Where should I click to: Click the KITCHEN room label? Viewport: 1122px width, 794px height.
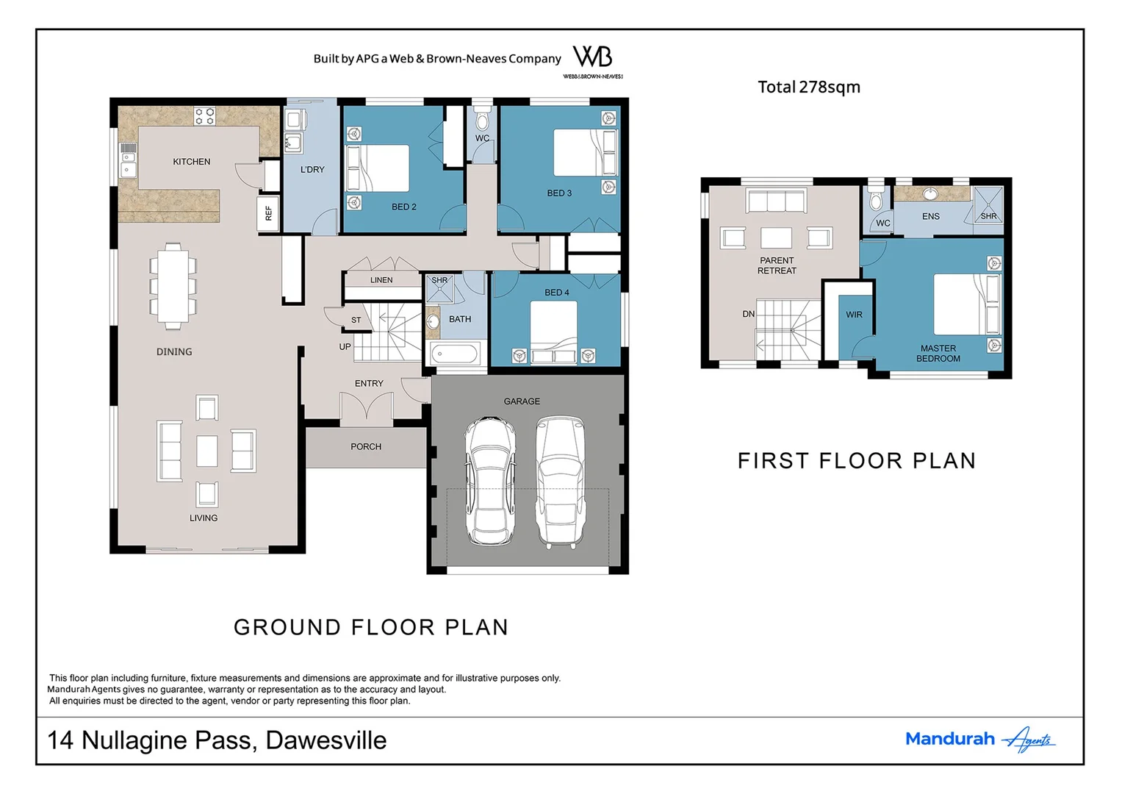pyautogui.click(x=191, y=162)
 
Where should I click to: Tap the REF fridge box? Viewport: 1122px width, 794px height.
pyautogui.click(x=268, y=213)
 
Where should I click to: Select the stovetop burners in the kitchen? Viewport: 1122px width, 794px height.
pyautogui.click(x=205, y=116)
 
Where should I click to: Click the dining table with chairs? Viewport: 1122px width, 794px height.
pyautogui.click(x=173, y=286)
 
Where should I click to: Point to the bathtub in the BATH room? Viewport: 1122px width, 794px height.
pyautogui.click(x=454, y=354)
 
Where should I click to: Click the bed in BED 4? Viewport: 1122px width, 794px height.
pyautogui.click(x=553, y=331)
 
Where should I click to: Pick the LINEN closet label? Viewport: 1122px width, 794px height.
pyautogui.click(x=381, y=279)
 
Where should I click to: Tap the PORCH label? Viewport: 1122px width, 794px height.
pyautogui.click(x=366, y=446)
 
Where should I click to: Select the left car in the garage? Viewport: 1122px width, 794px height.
pyautogui.click(x=490, y=480)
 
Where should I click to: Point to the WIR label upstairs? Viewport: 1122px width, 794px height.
pyautogui.click(x=854, y=315)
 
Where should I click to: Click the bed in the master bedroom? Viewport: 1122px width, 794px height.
pyautogui.click(x=967, y=304)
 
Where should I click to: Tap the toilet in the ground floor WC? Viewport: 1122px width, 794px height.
pyautogui.click(x=482, y=120)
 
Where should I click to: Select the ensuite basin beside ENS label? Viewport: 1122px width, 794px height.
pyautogui.click(x=930, y=193)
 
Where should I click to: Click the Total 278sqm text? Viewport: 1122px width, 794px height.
pyautogui.click(x=809, y=87)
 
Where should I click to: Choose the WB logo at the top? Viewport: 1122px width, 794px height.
pyautogui.click(x=593, y=61)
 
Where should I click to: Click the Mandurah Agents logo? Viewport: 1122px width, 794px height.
pyautogui.click(x=980, y=739)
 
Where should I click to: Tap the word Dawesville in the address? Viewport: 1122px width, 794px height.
pyautogui.click(x=326, y=740)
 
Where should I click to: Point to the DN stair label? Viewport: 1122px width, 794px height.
pyautogui.click(x=748, y=314)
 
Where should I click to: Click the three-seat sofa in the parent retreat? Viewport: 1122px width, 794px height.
pyautogui.click(x=776, y=201)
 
